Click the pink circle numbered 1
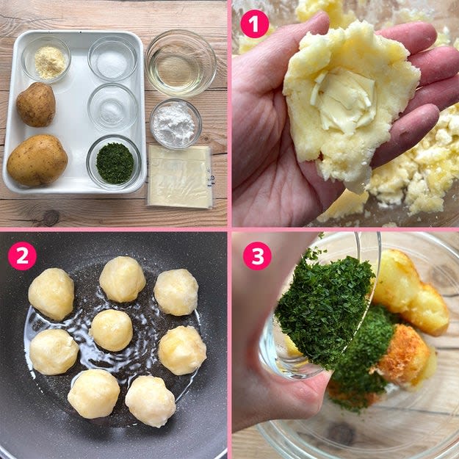(x=254, y=24)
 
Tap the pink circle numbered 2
(x=22, y=256)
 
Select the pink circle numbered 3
(x=257, y=256)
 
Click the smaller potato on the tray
(x=36, y=104)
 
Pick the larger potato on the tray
(x=37, y=160)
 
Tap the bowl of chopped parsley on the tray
(x=114, y=162)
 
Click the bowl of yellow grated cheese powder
(x=46, y=60)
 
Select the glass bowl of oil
(x=181, y=63)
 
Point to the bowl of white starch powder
(x=176, y=124)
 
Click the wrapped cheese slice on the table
(x=181, y=176)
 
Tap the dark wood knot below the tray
(x=51, y=218)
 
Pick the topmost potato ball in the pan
(x=123, y=279)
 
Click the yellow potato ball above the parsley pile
(x=410, y=293)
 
